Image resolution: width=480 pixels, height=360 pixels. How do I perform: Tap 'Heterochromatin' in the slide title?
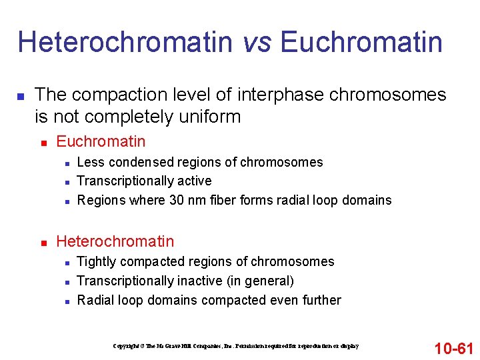[x=125, y=42]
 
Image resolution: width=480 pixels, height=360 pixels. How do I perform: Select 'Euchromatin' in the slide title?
[x=361, y=42]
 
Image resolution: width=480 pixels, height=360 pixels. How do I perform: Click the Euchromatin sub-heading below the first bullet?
[x=101, y=141]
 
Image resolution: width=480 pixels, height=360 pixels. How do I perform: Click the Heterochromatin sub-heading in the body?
[x=115, y=241]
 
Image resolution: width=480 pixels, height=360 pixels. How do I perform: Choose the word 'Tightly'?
[x=97, y=261]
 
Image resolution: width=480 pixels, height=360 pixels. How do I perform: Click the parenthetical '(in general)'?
[x=261, y=281]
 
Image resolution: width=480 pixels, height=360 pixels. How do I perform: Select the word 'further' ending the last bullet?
[x=319, y=300]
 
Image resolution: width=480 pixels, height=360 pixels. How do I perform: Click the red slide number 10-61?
[x=453, y=348]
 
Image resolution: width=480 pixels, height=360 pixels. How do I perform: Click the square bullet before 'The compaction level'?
[x=20, y=97]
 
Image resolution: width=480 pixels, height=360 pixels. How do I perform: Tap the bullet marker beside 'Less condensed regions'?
[x=64, y=163]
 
